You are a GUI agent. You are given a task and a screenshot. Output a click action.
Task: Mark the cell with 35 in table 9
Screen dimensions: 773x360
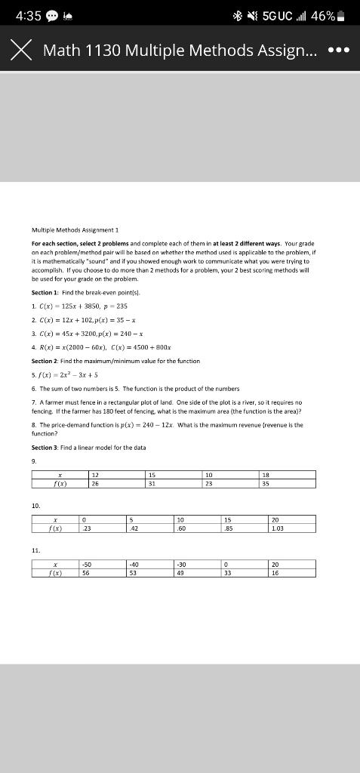coord(285,484)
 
